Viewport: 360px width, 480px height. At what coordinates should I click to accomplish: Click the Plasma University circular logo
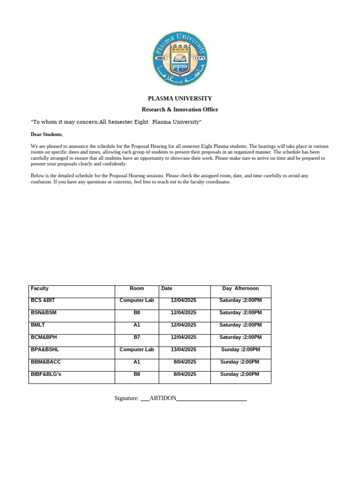click(x=180, y=59)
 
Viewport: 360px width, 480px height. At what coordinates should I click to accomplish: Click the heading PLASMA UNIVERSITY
click(x=180, y=98)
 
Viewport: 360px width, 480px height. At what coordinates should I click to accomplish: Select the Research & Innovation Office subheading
click(x=180, y=109)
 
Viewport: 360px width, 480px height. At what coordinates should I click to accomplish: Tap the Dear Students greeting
click(x=46, y=134)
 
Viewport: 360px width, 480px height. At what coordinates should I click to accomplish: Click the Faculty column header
click(x=40, y=288)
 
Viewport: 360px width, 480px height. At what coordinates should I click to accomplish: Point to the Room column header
click(x=137, y=288)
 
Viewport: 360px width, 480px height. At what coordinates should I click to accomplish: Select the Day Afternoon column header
click(x=240, y=288)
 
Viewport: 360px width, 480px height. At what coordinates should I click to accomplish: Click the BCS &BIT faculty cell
click(x=43, y=300)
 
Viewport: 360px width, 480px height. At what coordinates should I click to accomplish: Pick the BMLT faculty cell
click(x=38, y=325)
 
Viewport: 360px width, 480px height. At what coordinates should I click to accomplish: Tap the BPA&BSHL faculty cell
click(x=45, y=350)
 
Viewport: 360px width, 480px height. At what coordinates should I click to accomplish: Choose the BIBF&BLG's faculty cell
click(x=47, y=374)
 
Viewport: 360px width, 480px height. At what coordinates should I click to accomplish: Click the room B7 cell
click(x=137, y=337)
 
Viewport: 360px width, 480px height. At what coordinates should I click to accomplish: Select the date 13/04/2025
click(x=183, y=350)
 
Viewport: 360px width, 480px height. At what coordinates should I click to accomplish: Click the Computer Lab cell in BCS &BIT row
click(x=137, y=300)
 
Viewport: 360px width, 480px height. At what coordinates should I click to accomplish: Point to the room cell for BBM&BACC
click(x=137, y=362)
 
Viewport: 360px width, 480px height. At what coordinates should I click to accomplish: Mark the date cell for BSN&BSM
click(x=183, y=313)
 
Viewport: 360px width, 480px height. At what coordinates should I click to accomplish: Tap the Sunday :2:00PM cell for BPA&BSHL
click(x=240, y=350)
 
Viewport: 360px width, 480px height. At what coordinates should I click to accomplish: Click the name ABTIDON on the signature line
click(x=163, y=398)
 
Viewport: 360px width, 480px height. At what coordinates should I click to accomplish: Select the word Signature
click(x=127, y=398)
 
